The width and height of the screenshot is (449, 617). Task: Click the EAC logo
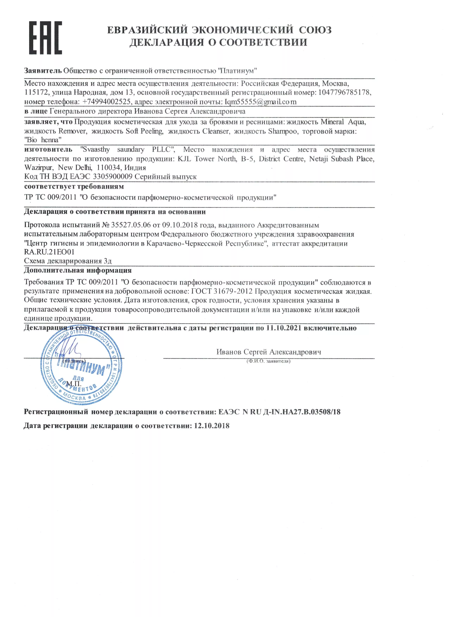(45, 38)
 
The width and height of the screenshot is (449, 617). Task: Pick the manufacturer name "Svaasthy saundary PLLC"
(128, 149)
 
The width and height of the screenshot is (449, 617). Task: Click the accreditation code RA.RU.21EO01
(49, 252)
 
